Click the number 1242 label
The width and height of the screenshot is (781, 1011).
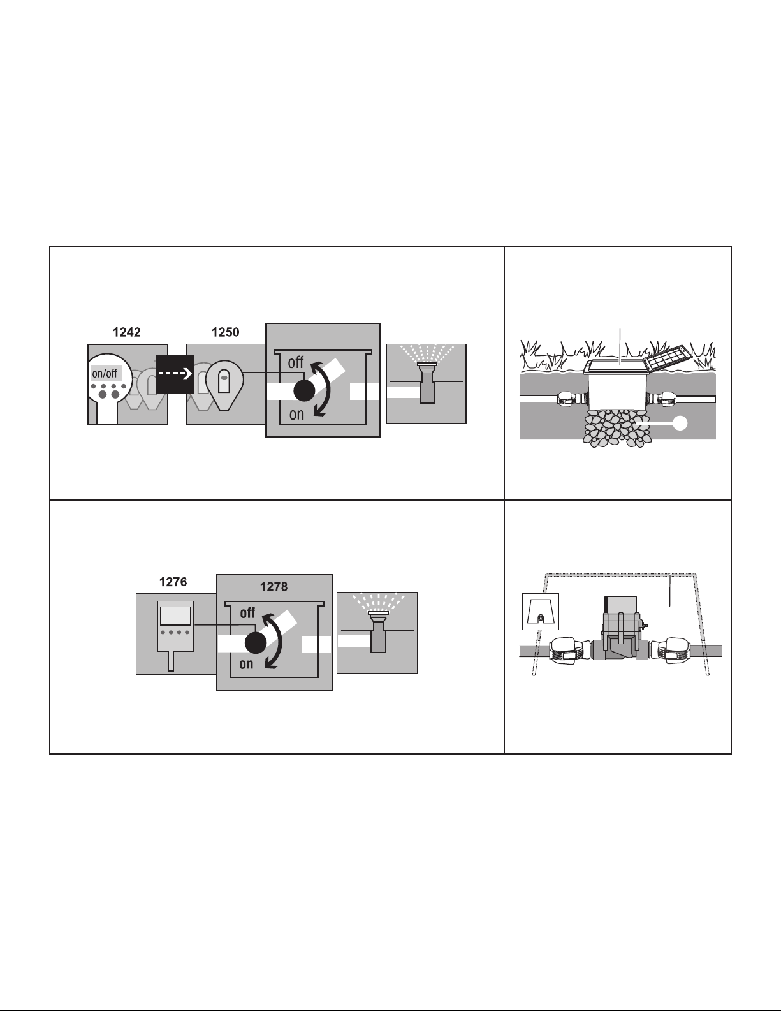(x=126, y=332)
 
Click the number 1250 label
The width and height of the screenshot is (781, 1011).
(x=226, y=332)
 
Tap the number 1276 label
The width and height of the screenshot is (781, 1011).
(x=173, y=582)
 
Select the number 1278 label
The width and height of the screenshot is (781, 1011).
(x=274, y=587)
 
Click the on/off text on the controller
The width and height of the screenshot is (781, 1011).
(x=105, y=373)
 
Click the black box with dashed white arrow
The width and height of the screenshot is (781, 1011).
(x=174, y=374)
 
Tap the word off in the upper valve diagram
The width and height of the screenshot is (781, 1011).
(x=296, y=362)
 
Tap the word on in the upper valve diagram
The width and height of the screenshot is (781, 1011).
(x=296, y=414)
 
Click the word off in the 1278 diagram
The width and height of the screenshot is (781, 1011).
(x=247, y=613)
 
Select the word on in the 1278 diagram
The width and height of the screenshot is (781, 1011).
(x=246, y=665)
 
